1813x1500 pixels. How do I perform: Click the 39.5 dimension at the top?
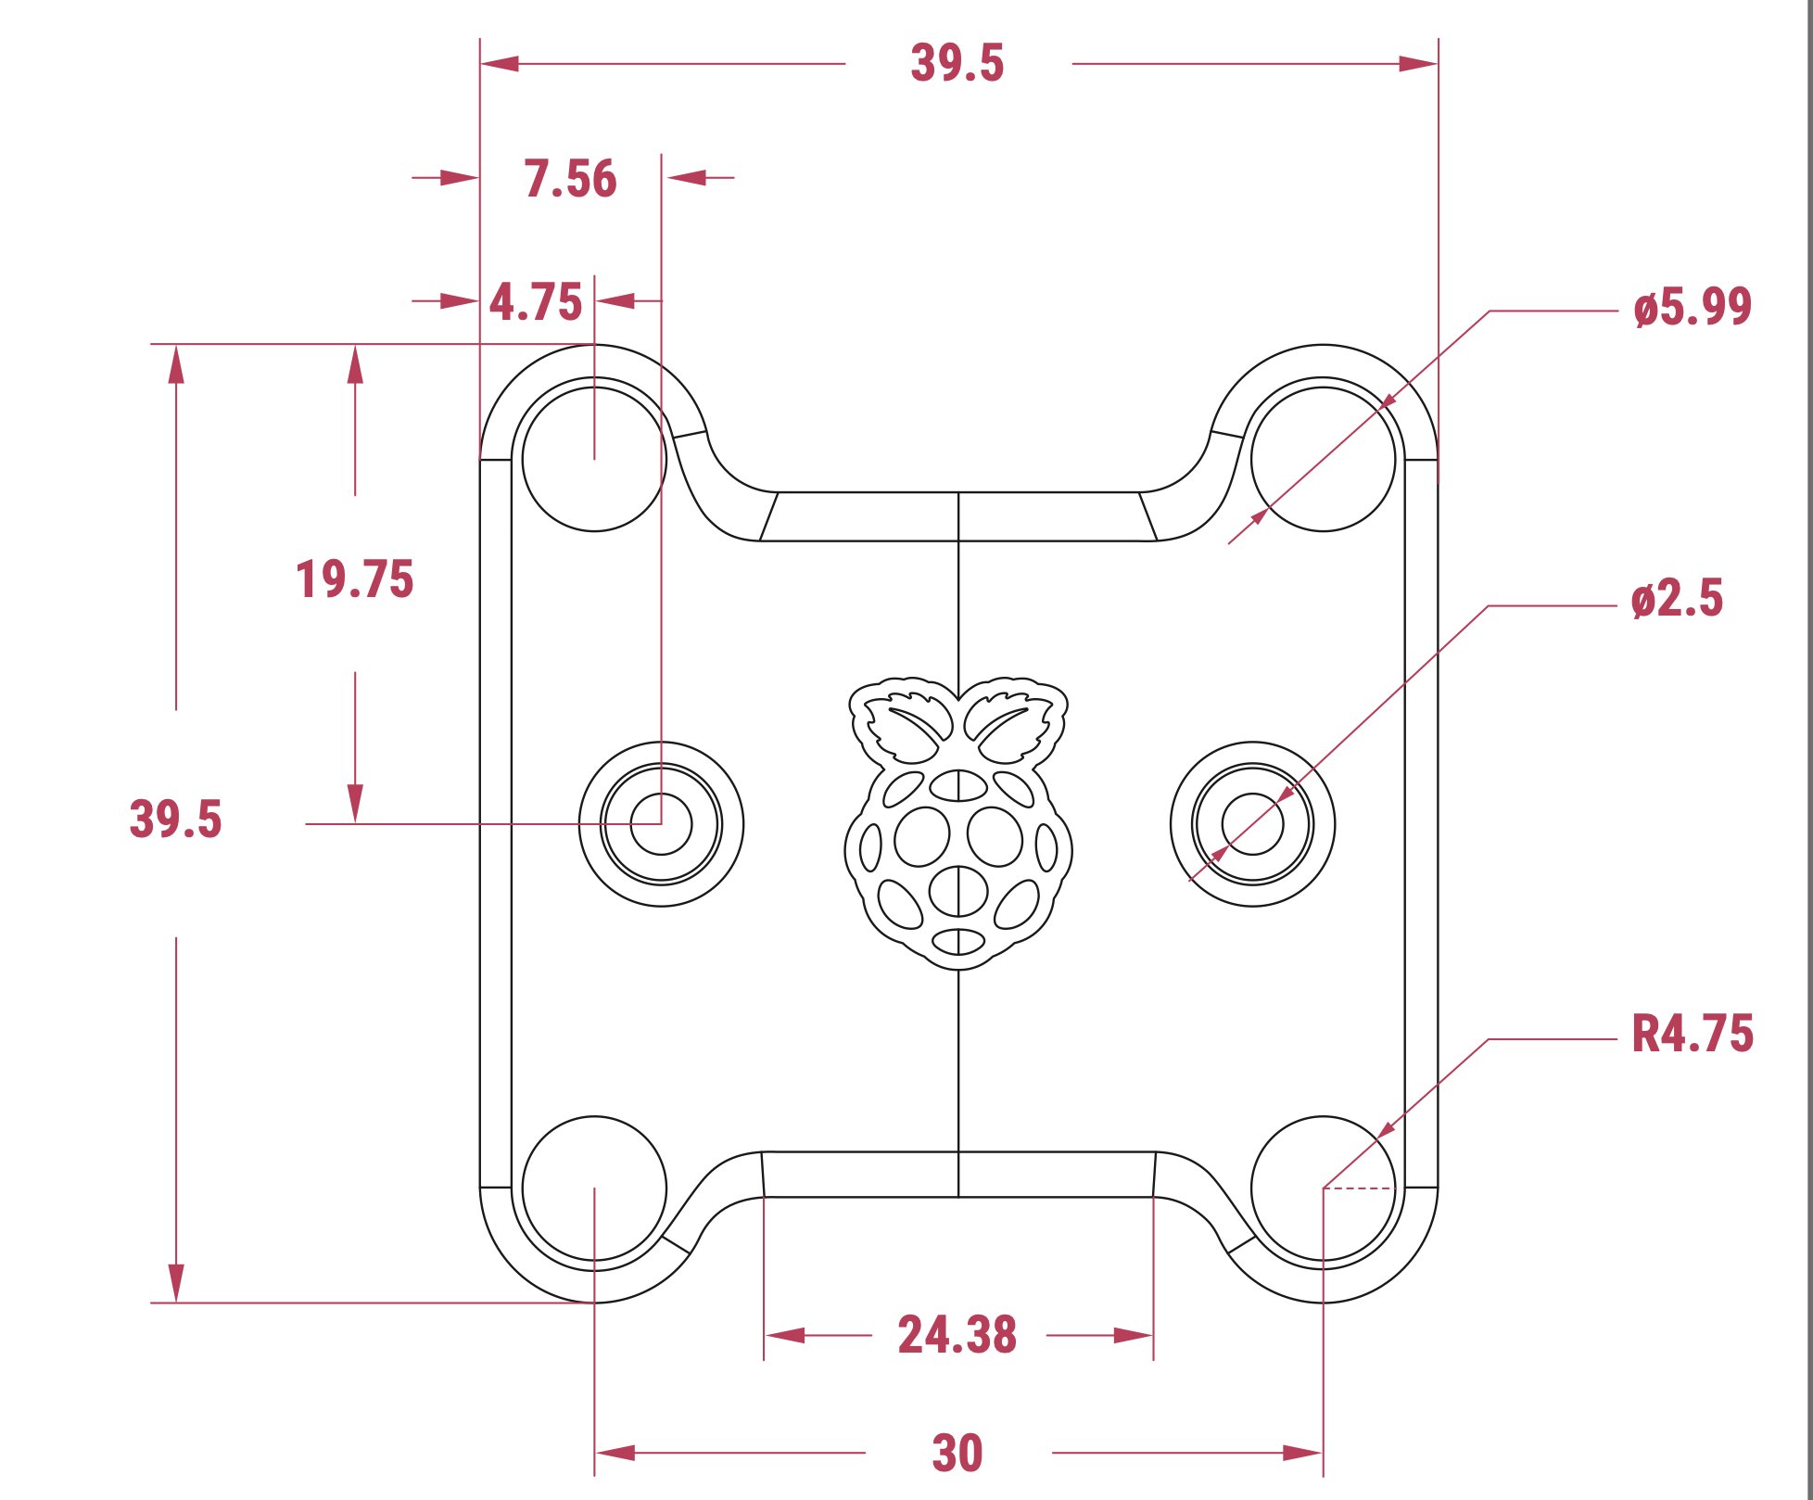(957, 63)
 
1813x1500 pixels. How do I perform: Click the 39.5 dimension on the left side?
(175, 820)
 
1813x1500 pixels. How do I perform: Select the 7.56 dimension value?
(570, 179)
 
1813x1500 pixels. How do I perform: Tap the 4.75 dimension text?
(536, 302)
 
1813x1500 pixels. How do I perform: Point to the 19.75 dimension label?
(354, 579)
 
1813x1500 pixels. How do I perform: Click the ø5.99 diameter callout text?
(1693, 307)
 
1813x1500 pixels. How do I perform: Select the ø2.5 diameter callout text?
(1677, 599)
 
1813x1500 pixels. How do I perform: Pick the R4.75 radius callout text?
(1693, 1034)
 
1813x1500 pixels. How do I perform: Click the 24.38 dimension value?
(957, 1335)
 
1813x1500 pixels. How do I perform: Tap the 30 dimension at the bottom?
(957, 1453)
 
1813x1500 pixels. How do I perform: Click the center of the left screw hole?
(661, 823)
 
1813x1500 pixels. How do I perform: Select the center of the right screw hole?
(1252, 823)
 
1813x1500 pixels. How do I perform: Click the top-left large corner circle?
(594, 459)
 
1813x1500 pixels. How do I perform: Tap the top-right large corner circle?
(1323, 459)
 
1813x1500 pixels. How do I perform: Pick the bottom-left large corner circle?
(594, 1188)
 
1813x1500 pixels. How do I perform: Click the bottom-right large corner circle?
(1323, 1188)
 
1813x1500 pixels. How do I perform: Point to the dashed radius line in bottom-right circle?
(1358, 1188)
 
